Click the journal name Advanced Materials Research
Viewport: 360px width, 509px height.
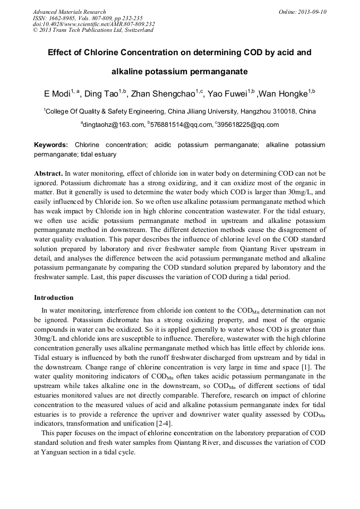point(69,12)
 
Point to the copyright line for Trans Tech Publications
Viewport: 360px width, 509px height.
point(93,30)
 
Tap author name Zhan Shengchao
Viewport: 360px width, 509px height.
point(165,94)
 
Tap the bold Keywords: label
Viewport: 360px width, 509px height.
point(51,145)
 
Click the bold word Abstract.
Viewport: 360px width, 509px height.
point(48,174)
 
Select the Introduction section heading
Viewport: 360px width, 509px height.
point(54,297)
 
